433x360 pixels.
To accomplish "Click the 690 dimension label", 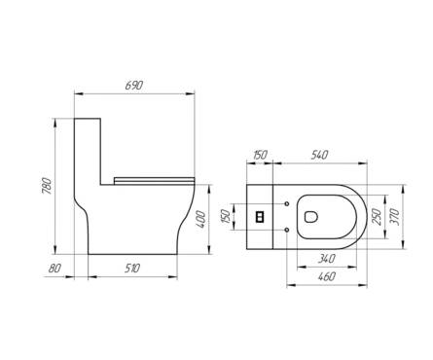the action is (x=134, y=86).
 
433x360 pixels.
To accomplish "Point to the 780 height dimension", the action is (x=47, y=186).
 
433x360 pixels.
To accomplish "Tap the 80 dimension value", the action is (x=54, y=269).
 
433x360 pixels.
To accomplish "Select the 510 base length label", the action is (x=132, y=269).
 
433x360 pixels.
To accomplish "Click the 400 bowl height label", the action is (x=201, y=219).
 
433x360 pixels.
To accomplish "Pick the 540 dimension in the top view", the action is (x=319, y=155).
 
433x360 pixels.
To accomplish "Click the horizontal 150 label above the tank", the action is (x=260, y=155).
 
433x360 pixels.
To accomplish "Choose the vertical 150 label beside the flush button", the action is (x=226, y=216).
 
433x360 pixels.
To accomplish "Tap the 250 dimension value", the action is (x=377, y=217).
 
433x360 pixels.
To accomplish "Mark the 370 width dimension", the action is (x=395, y=217).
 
